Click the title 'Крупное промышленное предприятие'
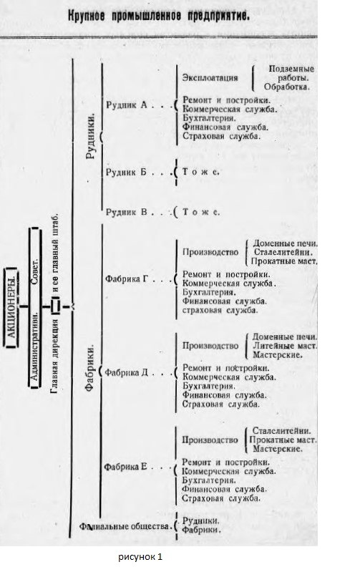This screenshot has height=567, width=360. [x=159, y=16]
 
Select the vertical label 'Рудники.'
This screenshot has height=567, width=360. [x=92, y=136]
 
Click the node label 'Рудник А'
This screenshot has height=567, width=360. [x=127, y=105]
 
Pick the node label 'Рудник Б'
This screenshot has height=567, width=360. [x=126, y=172]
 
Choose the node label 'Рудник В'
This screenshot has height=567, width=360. [x=127, y=212]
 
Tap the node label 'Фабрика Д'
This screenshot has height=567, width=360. [x=127, y=372]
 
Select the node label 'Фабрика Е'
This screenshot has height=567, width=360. [x=126, y=467]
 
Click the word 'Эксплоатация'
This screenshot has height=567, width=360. [x=210, y=78]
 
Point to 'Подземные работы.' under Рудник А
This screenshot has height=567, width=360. [x=290, y=73]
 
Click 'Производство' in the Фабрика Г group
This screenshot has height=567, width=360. [x=210, y=252]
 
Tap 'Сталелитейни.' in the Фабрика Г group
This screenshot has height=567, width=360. [x=283, y=253]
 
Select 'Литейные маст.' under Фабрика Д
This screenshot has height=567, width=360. [x=285, y=346]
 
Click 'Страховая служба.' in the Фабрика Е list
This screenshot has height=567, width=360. [x=220, y=498]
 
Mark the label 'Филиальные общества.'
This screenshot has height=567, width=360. [x=125, y=526]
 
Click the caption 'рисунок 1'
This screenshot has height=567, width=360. [x=140, y=557]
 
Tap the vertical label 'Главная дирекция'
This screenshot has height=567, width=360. [x=54, y=356]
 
